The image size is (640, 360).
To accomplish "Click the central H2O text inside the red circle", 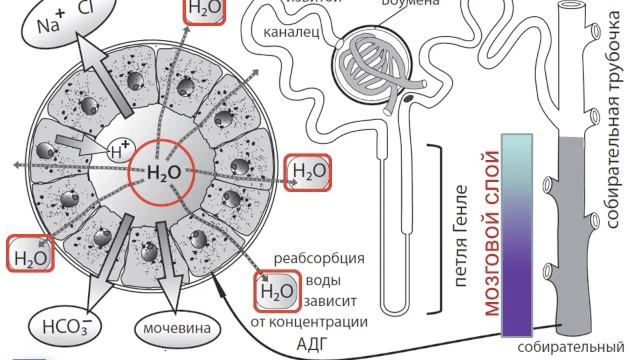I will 165,171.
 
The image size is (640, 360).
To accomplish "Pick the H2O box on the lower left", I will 29,255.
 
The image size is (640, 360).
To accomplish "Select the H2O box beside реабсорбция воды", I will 276,291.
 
